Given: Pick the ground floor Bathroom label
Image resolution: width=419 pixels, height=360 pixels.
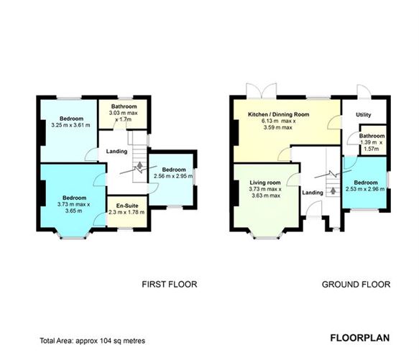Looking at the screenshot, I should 372,136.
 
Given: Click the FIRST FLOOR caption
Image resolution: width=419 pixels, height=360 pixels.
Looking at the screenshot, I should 170,285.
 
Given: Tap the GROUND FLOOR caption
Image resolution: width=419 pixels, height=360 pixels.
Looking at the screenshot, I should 356,285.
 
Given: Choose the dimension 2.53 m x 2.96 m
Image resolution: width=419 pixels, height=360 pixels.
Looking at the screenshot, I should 366,190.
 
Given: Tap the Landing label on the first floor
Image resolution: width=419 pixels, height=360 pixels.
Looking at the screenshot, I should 116,152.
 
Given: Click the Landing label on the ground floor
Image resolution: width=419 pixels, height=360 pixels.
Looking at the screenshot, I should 312,192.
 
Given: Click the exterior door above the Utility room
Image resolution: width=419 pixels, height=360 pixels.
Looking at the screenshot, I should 364,91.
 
